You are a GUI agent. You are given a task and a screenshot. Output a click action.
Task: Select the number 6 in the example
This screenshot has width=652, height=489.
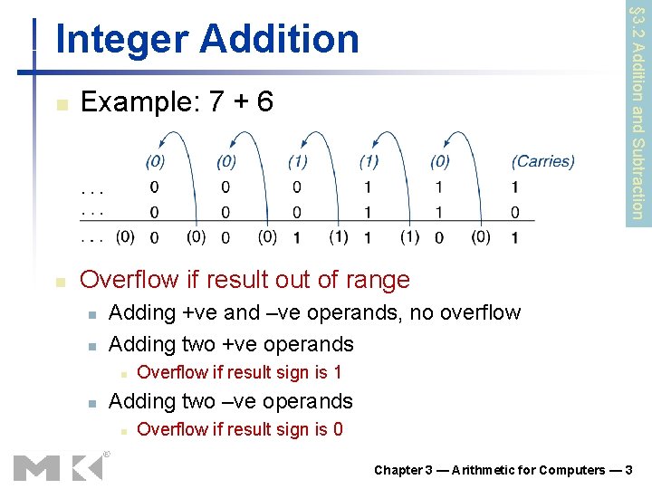(264, 101)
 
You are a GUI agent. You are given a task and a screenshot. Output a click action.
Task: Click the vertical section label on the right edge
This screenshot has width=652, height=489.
(638, 112)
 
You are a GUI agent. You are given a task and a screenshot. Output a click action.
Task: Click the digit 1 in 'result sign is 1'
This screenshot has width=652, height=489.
(337, 372)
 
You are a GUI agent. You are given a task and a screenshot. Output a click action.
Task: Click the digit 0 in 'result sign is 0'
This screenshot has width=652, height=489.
(337, 429)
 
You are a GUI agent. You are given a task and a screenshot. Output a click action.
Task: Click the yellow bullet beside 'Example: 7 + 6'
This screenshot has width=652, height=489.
(61, 104)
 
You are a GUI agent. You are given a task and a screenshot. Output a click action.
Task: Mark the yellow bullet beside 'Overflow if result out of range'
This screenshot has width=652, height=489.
(61, 283)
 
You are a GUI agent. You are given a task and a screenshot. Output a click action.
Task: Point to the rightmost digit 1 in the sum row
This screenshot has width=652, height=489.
(514, 238)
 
